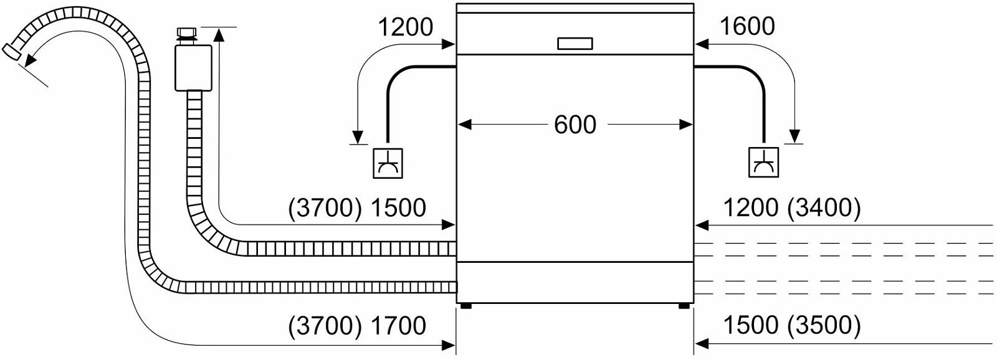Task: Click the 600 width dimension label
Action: click(x=575, y=125)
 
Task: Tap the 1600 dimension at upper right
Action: click(x=747, y=26)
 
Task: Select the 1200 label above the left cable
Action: click(x=405, y=27)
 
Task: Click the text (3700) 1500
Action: click(x=357, y=207)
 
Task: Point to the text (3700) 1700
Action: click(x=357, y=326)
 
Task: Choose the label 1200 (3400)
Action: click(x=791, y=207)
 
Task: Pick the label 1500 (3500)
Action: click(x=791, y=326)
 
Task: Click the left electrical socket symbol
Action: click(x=387, y=163)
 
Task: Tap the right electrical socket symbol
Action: click(x=763, y=163)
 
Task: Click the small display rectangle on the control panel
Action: click(x=575, y=44)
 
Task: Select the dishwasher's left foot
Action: click(x=465, y=306)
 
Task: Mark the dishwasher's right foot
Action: click(x=684, y=306)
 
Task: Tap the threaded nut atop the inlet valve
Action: click(x=186, y=33)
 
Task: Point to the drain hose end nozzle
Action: click(x=13, y=52)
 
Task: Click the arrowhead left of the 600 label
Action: click(x=464, y=125)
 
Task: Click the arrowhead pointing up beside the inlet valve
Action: click(x=219, y=34)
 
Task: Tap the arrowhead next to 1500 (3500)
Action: click(x=702, y=343)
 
